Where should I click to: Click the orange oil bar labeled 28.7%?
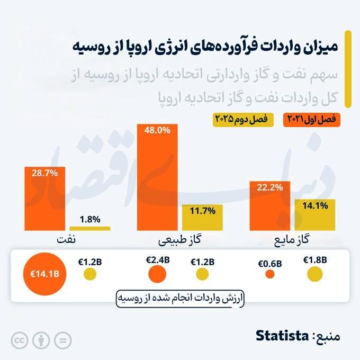[x=44, y=199]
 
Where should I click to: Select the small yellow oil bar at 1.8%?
[x=89, y=228]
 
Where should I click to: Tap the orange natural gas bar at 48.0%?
[x=157, y=177]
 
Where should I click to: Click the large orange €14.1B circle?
[x=44, y=274]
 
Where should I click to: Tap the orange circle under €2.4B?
[x=157, y=274]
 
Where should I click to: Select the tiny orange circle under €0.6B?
[x=270, y=274]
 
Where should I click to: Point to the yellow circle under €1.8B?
[x=315, y=274]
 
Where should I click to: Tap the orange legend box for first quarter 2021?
[x=312, y=120]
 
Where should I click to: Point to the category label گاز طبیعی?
[x=180, y=240]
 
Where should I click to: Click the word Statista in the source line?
[x=282, y=336]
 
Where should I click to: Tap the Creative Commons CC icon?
[x=20, y=340]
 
